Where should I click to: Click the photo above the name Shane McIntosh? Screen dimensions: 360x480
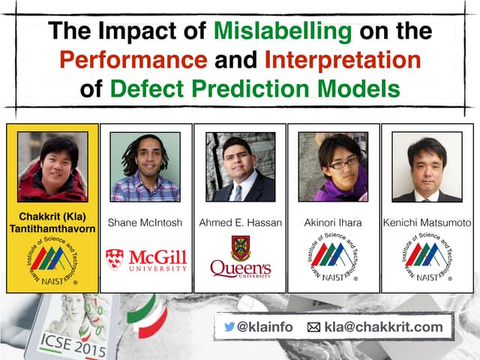[145, 166]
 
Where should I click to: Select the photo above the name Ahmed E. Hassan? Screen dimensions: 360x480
[240, 166]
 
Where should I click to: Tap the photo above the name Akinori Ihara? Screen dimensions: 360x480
[334, 166]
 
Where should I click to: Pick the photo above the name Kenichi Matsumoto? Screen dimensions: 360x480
[427, 166]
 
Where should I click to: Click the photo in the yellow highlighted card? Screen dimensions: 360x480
[52, 166]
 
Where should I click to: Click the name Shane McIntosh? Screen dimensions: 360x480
[145, 223]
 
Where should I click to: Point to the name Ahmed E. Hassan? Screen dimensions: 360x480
[240, 223]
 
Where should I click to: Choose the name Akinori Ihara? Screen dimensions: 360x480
[334, 223]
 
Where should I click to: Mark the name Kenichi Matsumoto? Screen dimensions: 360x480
[427, 223]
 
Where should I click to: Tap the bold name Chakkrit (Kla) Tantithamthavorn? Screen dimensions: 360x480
[52, 223]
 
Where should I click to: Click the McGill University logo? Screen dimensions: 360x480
[145, 259]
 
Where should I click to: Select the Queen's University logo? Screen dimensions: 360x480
[240, 259]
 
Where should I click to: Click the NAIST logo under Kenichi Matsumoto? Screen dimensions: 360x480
[427, 259]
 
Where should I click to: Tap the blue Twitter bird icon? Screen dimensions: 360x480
[229, 327]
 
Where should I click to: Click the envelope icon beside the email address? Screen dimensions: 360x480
[313, 328]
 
